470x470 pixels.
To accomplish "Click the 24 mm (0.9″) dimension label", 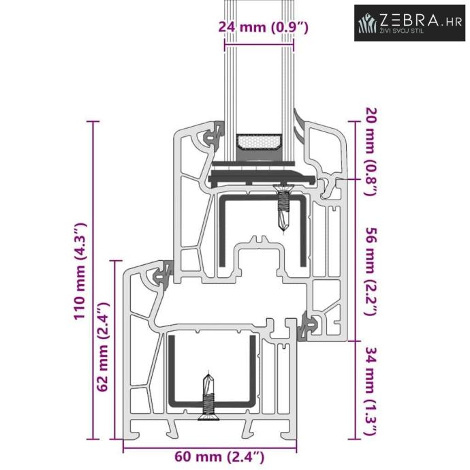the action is [x=263, y=27].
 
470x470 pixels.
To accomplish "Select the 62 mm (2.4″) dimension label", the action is [x=103, y=347].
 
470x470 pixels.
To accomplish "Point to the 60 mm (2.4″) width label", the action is [x=219, y=458].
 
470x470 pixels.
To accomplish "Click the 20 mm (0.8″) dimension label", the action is [x=371, y=152].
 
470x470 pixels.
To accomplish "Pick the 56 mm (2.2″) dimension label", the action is [x=371, y=272].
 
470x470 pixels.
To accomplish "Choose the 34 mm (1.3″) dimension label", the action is [x=371, y=392].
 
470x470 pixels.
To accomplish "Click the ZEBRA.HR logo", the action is [x=410, y=22].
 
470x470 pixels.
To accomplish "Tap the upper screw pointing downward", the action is [x=283, y=208].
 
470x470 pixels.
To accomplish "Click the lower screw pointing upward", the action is [x=208, y=396].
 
